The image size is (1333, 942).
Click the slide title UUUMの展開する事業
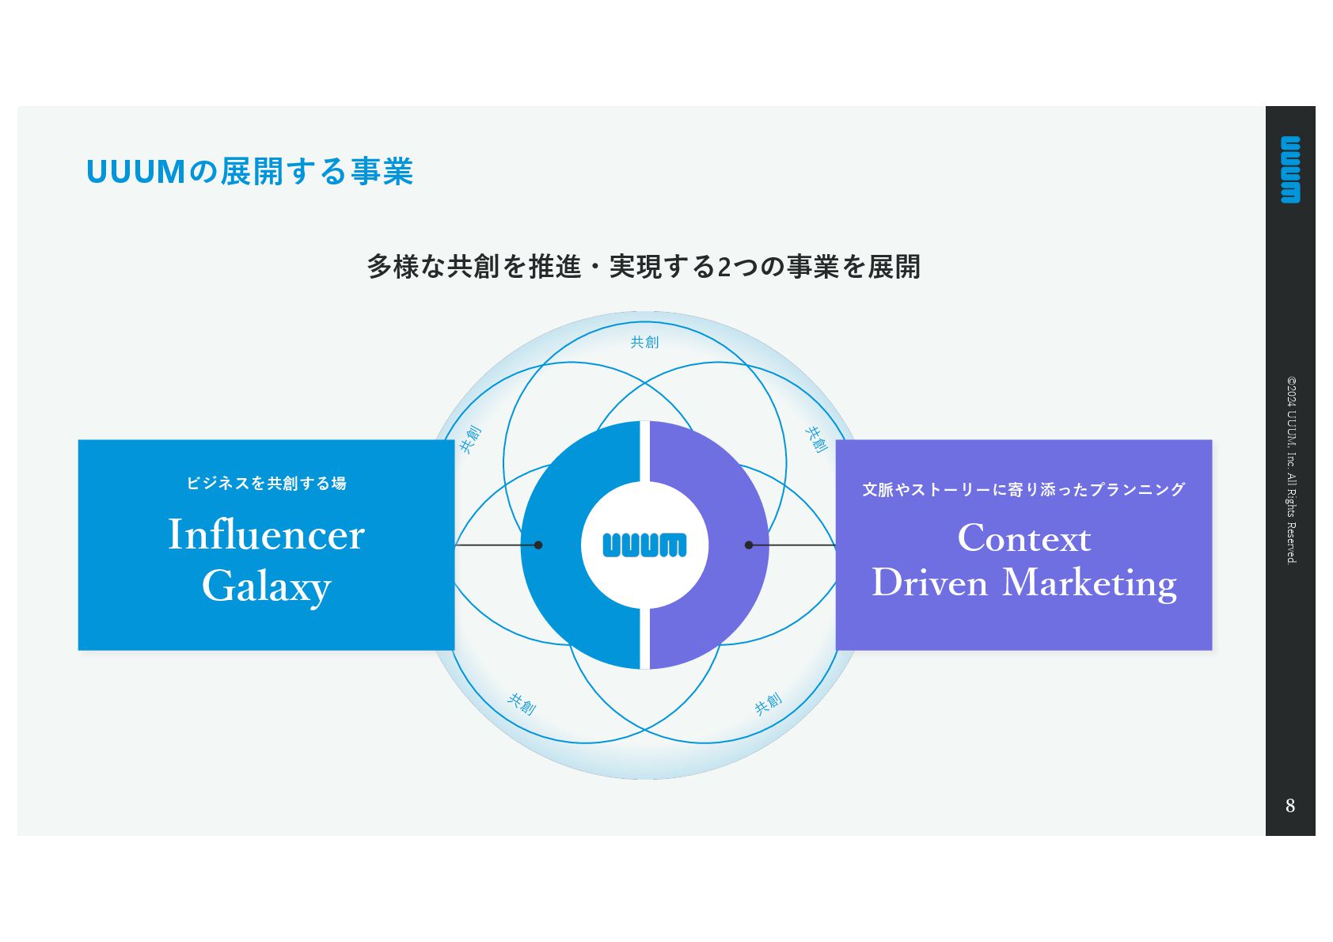point(249,172)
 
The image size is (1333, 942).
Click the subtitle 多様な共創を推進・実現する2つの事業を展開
point(644,267)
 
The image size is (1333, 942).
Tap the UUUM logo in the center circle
point(644,545)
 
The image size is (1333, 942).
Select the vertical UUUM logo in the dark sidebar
point(1290,169)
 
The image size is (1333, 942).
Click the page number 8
point(1290,806)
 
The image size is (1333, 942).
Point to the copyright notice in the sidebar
point(1291,469)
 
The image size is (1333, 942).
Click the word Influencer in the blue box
point(266,534)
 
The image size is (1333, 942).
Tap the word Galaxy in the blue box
point(266,587)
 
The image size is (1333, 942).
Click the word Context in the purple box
point(1023,538)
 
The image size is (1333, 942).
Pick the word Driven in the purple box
point(930,583)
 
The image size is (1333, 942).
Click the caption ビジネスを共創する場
point(266,483)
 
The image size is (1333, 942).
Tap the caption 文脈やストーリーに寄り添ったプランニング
point(1023,489)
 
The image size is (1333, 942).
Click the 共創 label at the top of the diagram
point(644,342)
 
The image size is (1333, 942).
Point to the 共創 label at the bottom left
point(522,703)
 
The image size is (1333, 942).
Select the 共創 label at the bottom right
point(768,703)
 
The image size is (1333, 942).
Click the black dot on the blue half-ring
point(538,545)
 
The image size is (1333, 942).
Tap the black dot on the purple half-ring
point(749,545)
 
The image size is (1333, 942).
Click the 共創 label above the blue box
point(470,439)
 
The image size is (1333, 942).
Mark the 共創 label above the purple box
point(816,439)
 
